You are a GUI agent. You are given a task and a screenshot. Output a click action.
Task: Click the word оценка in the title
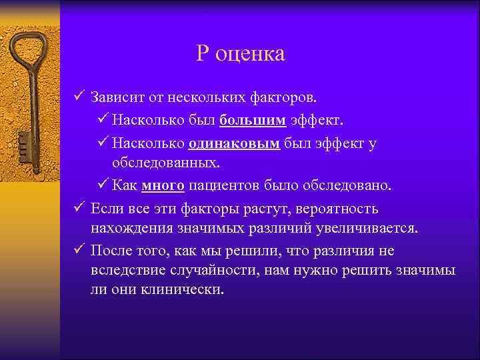point(251,54)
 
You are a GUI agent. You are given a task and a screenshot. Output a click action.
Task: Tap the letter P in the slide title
point(203,53)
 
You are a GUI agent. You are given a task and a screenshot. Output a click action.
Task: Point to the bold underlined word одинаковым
point(234,144)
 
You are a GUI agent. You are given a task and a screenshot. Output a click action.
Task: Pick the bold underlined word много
point(163,185)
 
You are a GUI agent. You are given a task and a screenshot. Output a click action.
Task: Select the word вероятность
point(337,209)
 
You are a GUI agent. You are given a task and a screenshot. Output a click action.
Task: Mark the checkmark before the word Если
point(79,209)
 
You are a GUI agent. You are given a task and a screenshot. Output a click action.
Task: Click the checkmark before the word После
point(79,251)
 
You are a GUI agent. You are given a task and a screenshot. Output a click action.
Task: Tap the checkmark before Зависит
point(79,99)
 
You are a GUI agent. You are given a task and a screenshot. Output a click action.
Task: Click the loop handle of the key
point(27,49)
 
